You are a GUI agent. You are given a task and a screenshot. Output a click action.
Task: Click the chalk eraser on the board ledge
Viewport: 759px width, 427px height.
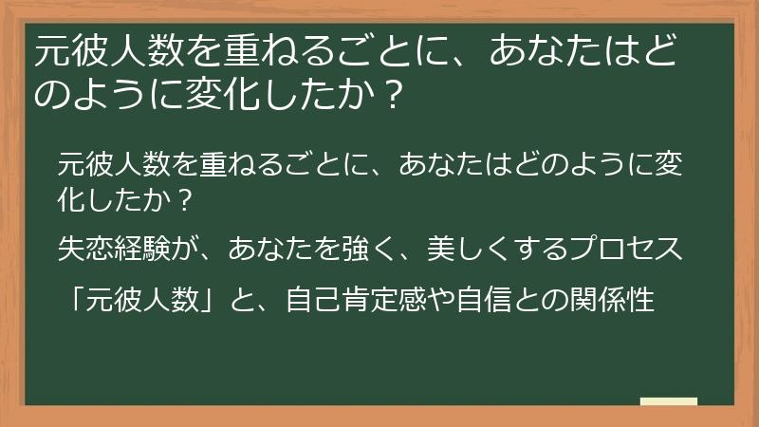(x=668, y=401)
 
